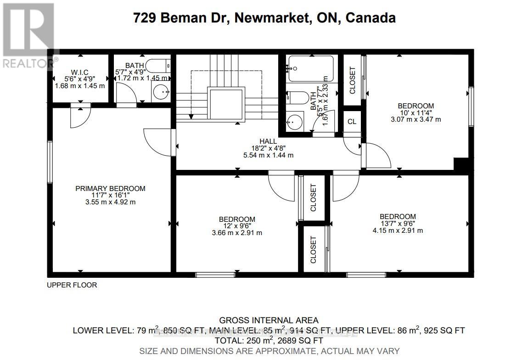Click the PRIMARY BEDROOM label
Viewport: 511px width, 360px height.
point(110,188)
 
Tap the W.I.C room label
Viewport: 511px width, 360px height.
point(80,72)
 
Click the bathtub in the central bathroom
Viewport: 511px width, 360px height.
point(311,69)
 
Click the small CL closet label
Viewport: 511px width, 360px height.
point(352,122)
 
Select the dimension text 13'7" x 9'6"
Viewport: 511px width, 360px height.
point(398,224)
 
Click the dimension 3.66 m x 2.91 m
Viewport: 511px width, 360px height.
point(237,233)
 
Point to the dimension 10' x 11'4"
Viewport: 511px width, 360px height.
point(416,112)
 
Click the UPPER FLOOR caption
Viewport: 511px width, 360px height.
point(72,285)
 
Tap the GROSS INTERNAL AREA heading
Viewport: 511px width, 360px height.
point(269,320)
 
